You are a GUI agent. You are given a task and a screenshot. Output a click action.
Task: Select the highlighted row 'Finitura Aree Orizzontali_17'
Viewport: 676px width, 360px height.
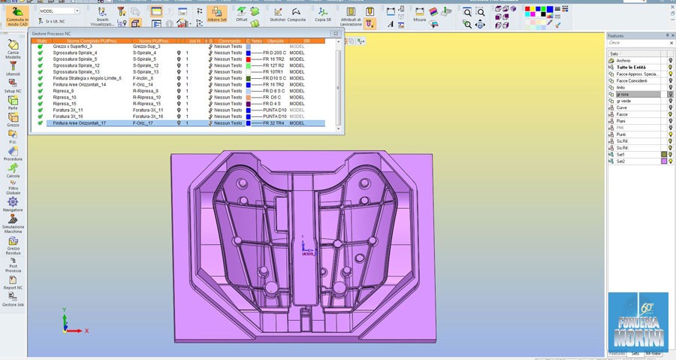(79, 123)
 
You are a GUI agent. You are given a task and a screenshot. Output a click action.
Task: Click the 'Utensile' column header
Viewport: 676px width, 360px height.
(275, 41)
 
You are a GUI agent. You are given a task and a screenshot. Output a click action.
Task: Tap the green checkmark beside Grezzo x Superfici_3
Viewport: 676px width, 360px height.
(40, 47)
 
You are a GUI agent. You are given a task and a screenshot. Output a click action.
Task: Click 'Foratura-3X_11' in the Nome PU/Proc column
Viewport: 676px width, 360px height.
(148, 110)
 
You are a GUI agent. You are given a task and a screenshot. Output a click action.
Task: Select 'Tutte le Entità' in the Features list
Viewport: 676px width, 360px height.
(631, 67)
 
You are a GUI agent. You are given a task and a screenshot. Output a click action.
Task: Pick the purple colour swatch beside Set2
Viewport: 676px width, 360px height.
(664, 161)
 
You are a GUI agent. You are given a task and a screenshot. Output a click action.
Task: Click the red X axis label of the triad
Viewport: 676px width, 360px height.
(87, 331)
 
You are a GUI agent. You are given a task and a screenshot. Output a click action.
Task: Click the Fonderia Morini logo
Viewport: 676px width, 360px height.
(637, 320)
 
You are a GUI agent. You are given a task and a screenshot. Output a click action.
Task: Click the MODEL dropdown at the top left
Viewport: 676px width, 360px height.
(59, 11)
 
